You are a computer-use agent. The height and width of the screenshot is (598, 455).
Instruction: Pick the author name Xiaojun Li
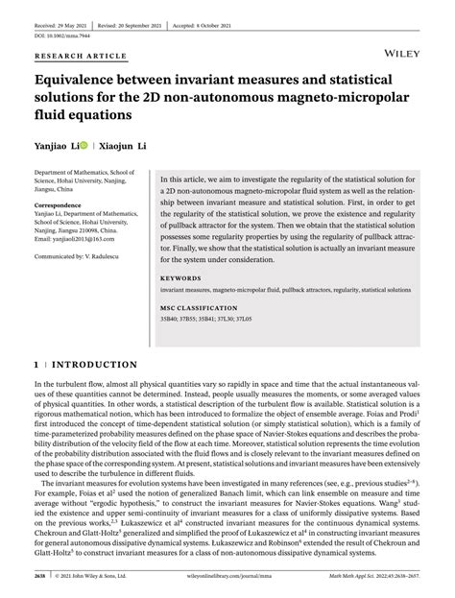(128, 148)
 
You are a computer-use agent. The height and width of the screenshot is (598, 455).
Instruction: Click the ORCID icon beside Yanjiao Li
(84, 148)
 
